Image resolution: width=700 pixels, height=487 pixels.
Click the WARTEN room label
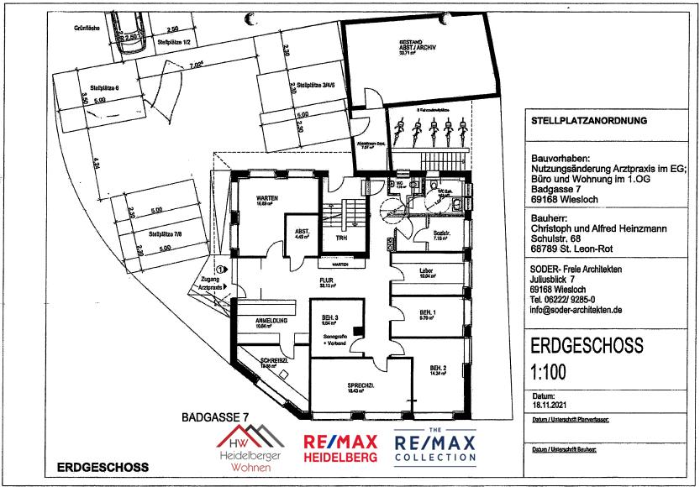(268, 196)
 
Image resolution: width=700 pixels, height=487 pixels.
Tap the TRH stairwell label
(341, 238)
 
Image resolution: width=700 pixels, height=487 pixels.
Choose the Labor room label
(425, 270)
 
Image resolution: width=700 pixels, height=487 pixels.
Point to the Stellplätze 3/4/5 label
(304, 84)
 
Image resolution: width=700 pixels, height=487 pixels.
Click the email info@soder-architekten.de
(576, 309)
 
